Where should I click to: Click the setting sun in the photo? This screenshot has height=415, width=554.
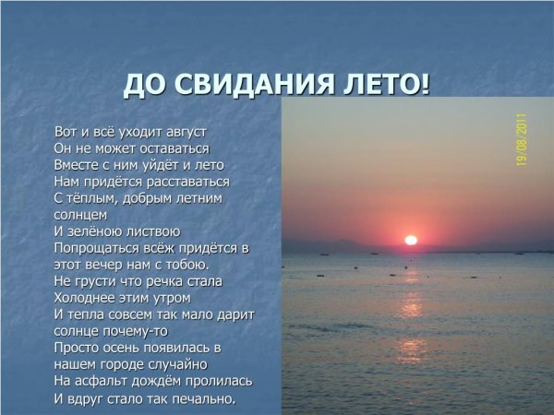[x=411, y=240]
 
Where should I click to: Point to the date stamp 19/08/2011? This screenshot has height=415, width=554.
[x=522, y=139]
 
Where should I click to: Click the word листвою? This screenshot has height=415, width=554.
[x=154, y=231]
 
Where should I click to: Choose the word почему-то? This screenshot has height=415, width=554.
[x=136, y=330]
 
